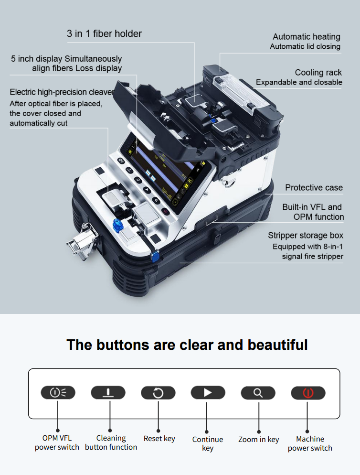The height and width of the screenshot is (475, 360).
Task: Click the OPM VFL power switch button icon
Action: pyautogui.click(x=58, y=393)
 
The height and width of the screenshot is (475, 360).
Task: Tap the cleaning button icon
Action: pyautogui.click(x=108, y=393)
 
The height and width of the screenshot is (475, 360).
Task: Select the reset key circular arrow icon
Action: pyautogui.click(x=158, y=393)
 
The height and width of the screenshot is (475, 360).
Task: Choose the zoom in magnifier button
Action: pyautogui.click(x=258, y=393)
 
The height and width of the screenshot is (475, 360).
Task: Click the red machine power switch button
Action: pyautogui.click(x=308, y=393)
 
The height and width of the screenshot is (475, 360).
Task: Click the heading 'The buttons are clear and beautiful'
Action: pyautogui.click(x=187, y=345)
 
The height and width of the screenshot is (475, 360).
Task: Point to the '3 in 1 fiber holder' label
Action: pyautogui.click(x=104, y=34)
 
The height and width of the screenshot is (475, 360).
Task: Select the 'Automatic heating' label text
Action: pyautogui.click(x=307, y=37)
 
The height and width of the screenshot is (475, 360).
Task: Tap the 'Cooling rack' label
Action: pyautogui.click(x=318, y=73)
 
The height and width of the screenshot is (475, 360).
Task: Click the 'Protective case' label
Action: pyautogui.click(x=314, y=187)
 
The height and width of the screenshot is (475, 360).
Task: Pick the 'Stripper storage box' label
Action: pyautogui.click(x=305, y=236)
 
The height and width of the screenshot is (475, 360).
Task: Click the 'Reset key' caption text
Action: pyautogui.click(x=159, y=438)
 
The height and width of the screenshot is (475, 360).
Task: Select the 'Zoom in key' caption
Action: pyautogui.click(x=258, y=439)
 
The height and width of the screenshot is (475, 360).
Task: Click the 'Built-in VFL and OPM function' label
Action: pyautogui.click(x=313, y=212)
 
